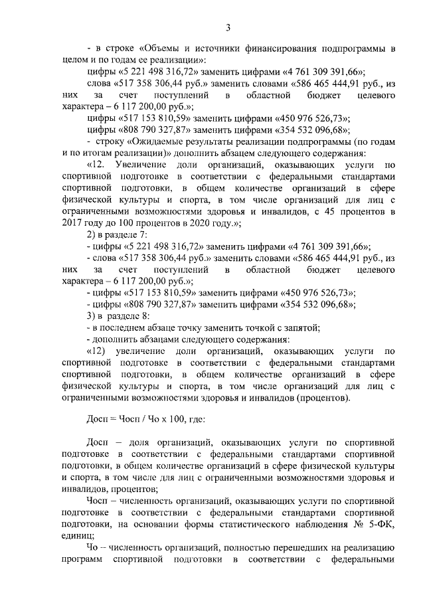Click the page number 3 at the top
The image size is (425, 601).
[x=227, y=27]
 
